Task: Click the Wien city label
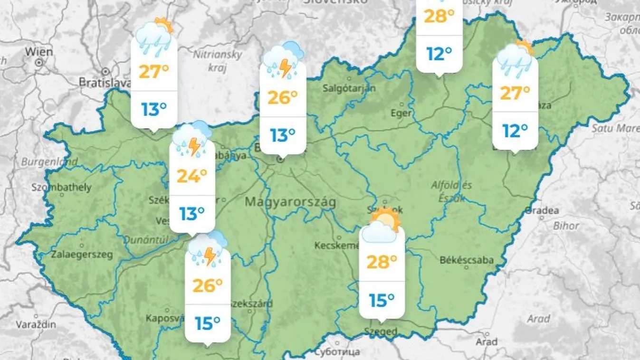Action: click(x=39, y=51)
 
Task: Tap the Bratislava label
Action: click(x=104, y=82)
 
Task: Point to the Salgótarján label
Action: click(x=349, y=88)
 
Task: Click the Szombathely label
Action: click(x=61, y=187)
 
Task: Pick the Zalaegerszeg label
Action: click(x=82, y=255)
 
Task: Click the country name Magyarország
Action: click(x=290, y=202)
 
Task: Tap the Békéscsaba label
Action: click(x=467, y=260)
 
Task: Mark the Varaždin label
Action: click(x=36, y=325)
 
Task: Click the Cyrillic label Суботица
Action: click(x=337, y=352)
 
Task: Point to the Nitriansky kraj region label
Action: click(x=217, y=60)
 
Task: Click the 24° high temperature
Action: click(x=192, y=176)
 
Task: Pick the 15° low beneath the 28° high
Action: click(x=382, y=300)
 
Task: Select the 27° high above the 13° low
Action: click(x=154, y=71)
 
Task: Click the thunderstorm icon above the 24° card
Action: click(x=192, y=139)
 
